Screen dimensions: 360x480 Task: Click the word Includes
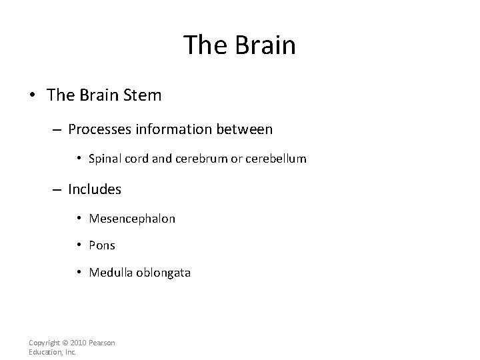(x=95, y=189)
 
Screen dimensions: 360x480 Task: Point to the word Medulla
(x=110, y=272)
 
